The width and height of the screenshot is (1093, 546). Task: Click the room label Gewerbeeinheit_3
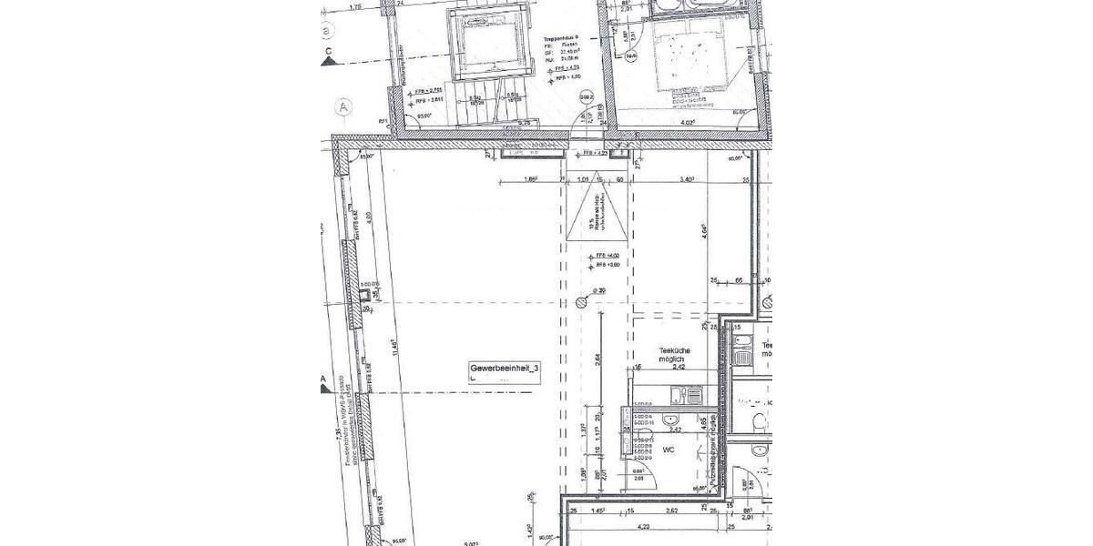click(x=505, y=368)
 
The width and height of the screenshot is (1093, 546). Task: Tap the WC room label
click(x=667, y=450)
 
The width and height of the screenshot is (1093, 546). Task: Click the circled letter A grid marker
click(x=343, y=106)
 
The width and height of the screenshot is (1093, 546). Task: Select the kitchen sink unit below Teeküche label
click(x=684, y=396)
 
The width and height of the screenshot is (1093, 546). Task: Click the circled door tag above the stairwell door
click(x=587, y=96)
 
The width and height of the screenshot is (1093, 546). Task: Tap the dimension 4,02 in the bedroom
click(x=687, y=121)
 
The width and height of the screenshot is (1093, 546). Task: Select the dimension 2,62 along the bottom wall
click(x=670, y=511)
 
